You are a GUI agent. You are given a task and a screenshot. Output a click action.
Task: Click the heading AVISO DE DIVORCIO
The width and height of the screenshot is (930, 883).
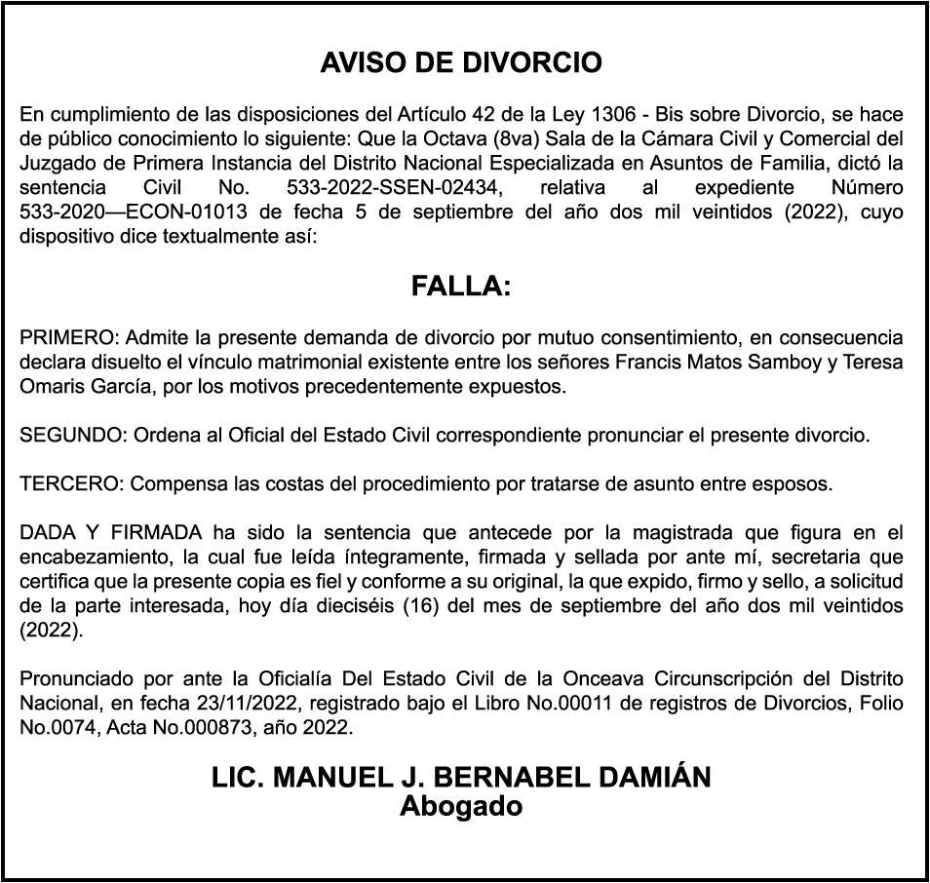click(x=461, y=64)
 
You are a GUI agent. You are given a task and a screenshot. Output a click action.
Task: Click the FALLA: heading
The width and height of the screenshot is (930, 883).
click(x=461, y=287)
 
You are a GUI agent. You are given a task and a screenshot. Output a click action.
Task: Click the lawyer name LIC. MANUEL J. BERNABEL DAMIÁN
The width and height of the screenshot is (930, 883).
click(x=461, y=779)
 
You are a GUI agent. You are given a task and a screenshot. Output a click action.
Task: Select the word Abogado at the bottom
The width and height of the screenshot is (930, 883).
click(x=461, y=807)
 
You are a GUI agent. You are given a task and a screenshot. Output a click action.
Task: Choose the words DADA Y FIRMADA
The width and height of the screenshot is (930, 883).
click(x=110, y=532)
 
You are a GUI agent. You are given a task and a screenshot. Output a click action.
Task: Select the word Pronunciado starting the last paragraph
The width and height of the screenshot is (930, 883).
click(x=71, y=678)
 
